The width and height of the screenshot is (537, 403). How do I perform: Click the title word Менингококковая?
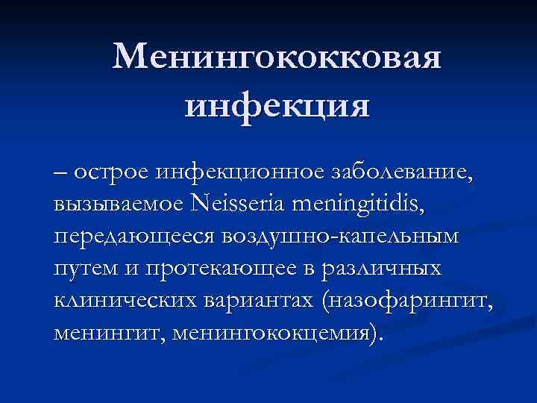click(277, 57)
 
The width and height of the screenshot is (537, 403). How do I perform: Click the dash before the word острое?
click(60, 173)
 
